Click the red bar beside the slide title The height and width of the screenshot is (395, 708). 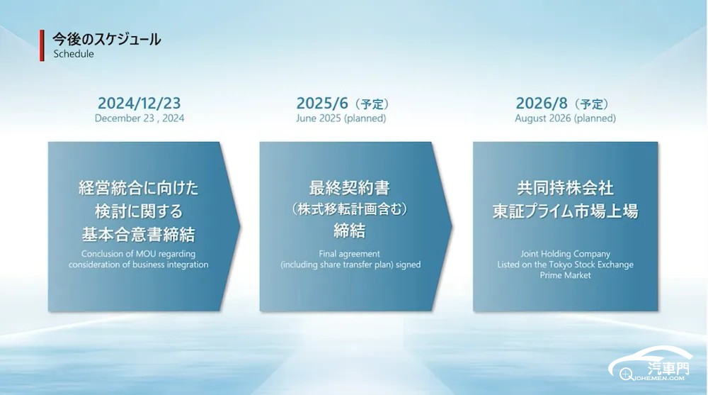coord(42,45)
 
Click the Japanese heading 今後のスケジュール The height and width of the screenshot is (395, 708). coord(107,40)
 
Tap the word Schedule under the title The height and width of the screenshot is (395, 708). coord(74,54)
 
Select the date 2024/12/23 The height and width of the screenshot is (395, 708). coord(139,103)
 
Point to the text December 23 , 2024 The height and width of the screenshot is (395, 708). coord(139,118)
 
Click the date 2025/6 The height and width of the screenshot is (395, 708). coord(322,103)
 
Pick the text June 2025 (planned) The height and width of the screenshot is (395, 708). coord(341,118)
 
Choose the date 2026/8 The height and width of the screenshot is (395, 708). coord(542,103)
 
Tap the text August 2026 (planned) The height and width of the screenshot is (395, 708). coord(565,118)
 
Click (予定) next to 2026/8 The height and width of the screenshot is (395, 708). coord(591,104)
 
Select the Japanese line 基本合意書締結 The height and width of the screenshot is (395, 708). coord(139,234)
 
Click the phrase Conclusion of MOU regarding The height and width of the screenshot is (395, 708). coord(139,254)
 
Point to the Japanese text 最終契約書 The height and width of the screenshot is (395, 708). coord(350,188)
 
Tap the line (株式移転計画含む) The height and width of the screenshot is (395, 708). coord(350,209)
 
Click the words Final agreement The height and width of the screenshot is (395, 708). coord(350,254)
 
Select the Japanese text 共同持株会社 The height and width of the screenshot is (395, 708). coord(565,188)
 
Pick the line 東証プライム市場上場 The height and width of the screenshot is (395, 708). coord(565,211)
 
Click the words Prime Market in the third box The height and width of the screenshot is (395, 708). coord(565,275)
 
